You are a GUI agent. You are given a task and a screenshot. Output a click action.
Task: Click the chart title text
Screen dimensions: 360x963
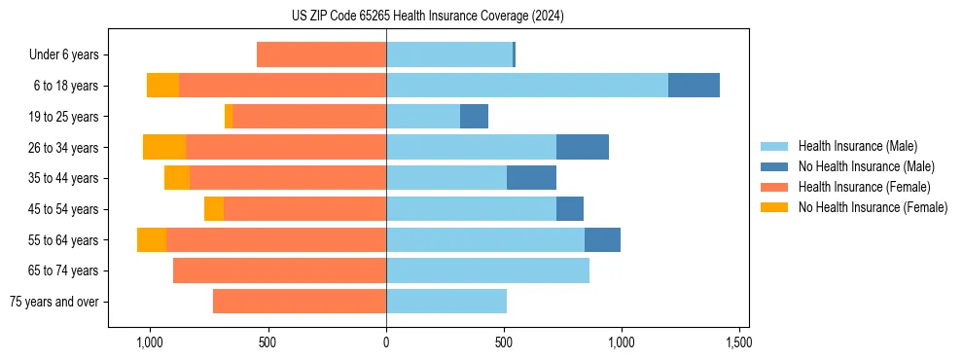428,16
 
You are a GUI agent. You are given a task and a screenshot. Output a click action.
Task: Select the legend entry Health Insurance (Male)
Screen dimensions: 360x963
857,146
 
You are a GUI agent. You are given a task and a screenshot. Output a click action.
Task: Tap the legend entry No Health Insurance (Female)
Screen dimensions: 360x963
873,207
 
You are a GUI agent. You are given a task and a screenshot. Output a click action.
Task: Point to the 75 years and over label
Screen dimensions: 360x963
54,302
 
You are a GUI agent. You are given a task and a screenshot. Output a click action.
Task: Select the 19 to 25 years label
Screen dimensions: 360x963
64,117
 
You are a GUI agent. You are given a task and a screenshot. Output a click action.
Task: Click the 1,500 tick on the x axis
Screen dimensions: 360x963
739,343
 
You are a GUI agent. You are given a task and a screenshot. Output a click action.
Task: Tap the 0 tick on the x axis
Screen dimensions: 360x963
386,343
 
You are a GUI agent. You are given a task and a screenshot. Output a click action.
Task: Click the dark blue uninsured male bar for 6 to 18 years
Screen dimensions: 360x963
694,86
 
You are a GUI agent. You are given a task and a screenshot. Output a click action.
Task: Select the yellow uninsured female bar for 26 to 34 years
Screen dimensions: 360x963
164,147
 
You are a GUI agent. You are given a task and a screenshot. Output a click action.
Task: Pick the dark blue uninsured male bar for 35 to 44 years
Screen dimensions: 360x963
531,178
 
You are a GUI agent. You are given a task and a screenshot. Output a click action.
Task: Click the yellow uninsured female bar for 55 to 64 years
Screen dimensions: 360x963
152,239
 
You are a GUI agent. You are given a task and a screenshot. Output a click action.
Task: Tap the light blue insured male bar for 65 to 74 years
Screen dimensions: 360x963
487,270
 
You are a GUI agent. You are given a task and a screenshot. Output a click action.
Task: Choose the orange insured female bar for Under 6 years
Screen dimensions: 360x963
321,54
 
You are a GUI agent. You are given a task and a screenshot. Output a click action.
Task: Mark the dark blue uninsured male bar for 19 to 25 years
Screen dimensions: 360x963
474,117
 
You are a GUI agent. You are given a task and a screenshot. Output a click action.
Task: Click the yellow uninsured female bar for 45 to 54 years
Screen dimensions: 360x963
214,209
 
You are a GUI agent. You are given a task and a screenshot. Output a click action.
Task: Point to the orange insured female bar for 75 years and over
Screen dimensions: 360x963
300,302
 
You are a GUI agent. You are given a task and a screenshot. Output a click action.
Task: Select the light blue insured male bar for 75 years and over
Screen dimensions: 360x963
446,302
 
